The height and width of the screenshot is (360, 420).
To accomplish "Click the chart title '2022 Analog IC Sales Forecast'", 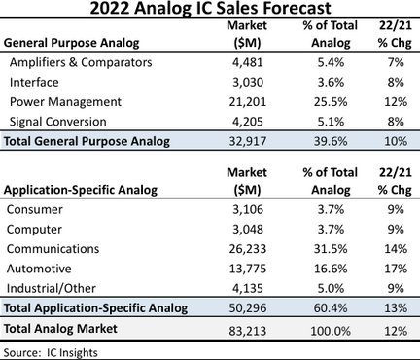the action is pyautogui.click(x=210, y=8).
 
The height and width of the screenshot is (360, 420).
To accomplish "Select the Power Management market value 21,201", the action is pyautogui.click(x=248, y=102).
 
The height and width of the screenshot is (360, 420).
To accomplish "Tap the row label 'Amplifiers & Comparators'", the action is pyautogui.click(x=81, y=62).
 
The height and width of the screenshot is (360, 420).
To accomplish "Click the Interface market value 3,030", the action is pyautogui.click(x=248, y=82).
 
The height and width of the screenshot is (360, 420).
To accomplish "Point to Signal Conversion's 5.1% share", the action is pyautogui.click(x=331, y=122).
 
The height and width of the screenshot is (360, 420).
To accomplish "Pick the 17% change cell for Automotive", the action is pyautogui.click(x=396, y=269).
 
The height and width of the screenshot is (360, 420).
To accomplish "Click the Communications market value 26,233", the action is pyautogui.click(x=248, y=249).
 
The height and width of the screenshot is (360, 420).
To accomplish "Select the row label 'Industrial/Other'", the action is pyautogui.click(x=52, y=288).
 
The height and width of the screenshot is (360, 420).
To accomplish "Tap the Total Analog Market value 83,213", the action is pyautogui.click(x=248, y=331).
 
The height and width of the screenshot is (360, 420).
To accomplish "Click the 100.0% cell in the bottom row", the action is pyautogui.click(x=331, y=331).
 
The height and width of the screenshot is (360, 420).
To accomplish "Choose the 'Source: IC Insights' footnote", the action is pyautogui.click(x=51, y=352).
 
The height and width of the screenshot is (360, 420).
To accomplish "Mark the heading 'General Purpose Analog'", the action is pyautogui.click(x=71, y=43).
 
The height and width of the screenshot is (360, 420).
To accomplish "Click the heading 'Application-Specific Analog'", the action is pyautogui.click(x=81, y=190).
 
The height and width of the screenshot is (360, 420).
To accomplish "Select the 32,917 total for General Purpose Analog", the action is pyautogui.click(x=248, y=141).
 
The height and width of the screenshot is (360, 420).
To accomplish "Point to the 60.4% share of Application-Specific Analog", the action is pyautogui.click(x=331, y=307).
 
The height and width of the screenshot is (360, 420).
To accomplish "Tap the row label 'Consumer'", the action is pyautogui.click(x=35, y=209).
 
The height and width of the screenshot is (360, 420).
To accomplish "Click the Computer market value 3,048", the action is pyautogui.click(x=248, y=230).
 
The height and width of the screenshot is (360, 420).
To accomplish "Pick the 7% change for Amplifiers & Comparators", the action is pyautogui.click(x=396, y=62).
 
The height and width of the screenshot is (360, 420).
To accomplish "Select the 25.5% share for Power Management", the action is pyautogui.click(x=331, y=102).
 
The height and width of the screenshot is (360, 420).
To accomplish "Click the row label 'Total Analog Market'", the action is pyautogui.click(x=60, y=329).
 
